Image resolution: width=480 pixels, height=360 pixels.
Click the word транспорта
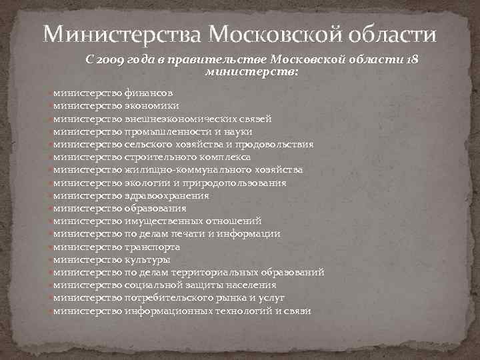[x=152, y=247]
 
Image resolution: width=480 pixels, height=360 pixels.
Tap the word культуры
[x=147, y=259]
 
